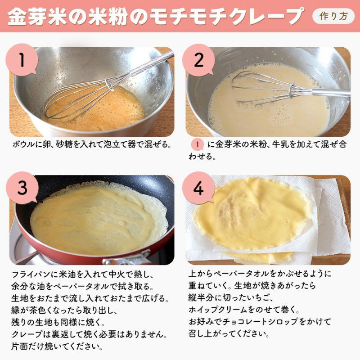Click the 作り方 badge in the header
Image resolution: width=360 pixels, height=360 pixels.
[333, 16]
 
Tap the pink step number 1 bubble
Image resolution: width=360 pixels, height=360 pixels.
[22, 60]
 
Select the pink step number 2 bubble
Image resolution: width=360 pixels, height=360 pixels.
[198, 60]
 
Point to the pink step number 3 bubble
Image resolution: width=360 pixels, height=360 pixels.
[22, 188]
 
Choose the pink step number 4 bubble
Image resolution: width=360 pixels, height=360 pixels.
[198, 188]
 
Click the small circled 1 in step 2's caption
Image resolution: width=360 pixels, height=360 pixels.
[197, 144]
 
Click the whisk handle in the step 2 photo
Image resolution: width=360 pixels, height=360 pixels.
[331, 92]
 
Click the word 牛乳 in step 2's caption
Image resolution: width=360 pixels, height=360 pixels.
[279, 144]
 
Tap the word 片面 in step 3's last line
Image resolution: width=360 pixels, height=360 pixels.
[19, 346]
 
